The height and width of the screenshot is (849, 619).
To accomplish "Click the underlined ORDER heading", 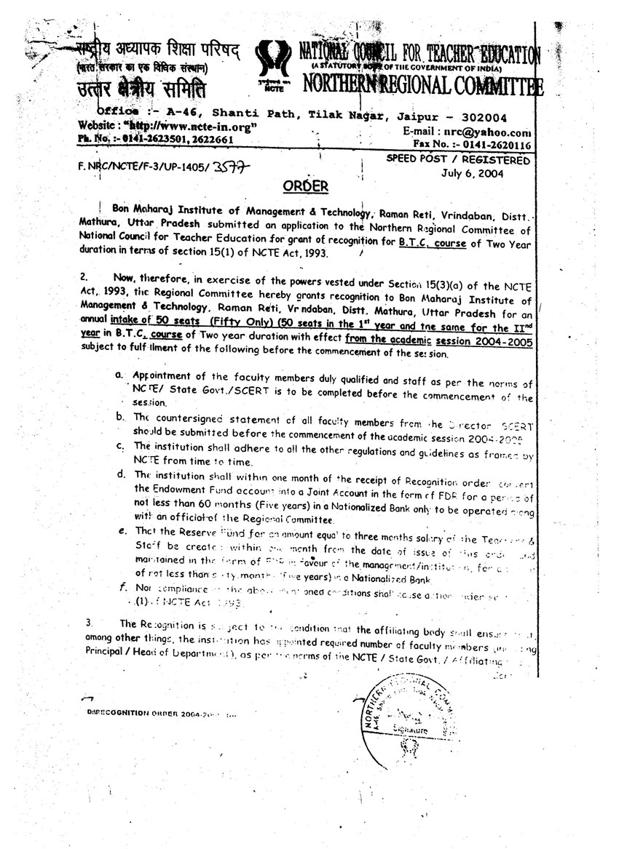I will coord(306,186).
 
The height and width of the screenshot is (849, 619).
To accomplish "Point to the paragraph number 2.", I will coord(84,276).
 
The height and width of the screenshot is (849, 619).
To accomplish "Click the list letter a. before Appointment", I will coord(118,374).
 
